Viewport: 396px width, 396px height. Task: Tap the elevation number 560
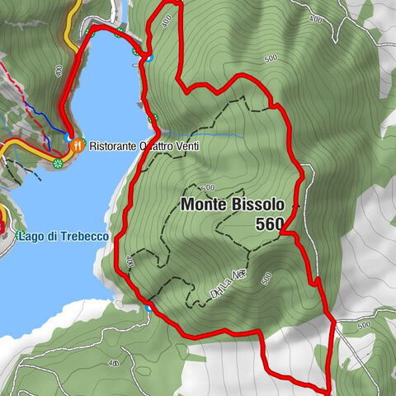tap(269, 224)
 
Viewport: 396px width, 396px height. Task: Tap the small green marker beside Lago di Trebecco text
tap(17, 237)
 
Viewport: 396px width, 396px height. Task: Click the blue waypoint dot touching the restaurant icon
tap(68, 139)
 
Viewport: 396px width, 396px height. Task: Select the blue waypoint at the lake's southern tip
tap(148, 308)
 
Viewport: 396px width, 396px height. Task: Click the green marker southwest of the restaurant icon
tap(58, 164)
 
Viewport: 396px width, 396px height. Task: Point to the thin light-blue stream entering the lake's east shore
tap(206, 133)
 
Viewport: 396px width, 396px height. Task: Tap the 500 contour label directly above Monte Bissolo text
tap(206, 187)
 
